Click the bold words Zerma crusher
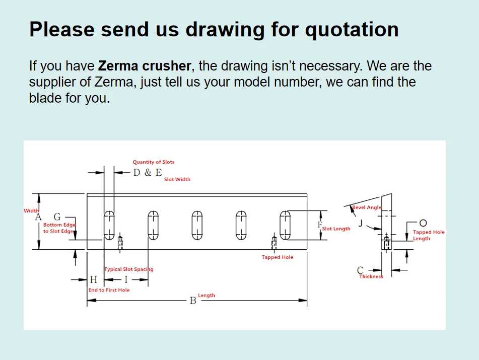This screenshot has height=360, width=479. click(145, 66)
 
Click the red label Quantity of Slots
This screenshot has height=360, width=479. click(154, 162)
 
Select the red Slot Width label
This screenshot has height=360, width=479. click(177, 179)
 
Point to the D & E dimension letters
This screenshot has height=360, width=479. click(148, 172)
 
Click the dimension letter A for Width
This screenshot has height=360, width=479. click(38, 218)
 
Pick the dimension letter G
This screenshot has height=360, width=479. click(57, 217)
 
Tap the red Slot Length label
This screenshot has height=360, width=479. click(336, 229)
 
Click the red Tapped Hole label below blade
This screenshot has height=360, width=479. click(277, 257)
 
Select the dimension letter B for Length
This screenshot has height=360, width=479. click(192, 301)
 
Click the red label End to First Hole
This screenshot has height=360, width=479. click(109, 290)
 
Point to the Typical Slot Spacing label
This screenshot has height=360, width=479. click(129, 269)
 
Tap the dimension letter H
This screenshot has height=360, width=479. click(93, 279)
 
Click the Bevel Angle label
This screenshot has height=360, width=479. click(367, 207)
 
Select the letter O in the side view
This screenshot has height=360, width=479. click(423, 223)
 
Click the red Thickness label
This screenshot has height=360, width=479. click(371, 276)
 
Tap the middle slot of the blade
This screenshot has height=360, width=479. click(197, 225)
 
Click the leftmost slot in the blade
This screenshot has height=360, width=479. click(109, 225)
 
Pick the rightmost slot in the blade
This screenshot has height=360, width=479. click(285, 225)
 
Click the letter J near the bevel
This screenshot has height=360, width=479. click(360, 222)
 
